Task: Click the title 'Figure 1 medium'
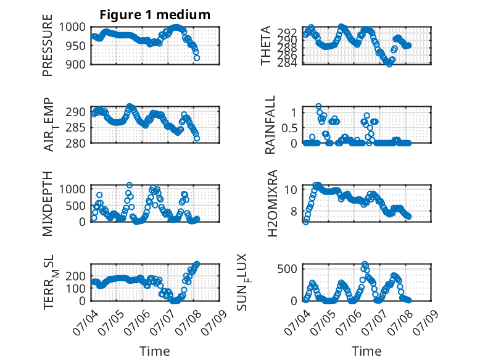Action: click(155, 15)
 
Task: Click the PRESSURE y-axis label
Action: click(48, 45)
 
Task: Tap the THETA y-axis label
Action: click(266, 45)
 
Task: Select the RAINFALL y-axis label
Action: click(270, 125)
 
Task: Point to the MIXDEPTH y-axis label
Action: click(48, 204)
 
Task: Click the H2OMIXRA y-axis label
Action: click(272, 203)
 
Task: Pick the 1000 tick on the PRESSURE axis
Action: click(72, 27)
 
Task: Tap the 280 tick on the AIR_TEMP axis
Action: click(75, 143)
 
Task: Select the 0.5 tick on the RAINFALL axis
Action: click(289, 128)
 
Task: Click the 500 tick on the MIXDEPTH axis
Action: click(75, 206)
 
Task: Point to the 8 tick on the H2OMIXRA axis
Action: click(294, 211)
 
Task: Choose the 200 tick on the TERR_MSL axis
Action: click(75, 276)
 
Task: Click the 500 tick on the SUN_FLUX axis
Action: click(287, 269)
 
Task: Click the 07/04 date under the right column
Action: click(297, 322)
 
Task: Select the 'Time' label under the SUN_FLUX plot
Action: click(366, 351)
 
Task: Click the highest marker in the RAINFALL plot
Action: click(319, 106)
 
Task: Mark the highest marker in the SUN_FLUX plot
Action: click(364, 264)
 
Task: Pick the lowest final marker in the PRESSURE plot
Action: click(197, 57)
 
